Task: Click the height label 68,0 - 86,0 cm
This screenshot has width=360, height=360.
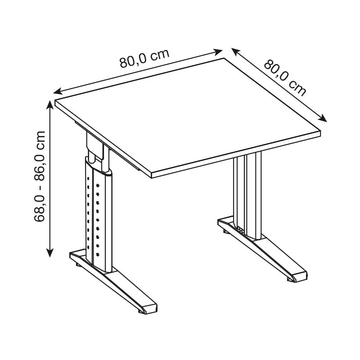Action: pyautogui.click(x=39, y=176)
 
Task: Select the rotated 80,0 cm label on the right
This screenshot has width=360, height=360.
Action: pyautogui.click(x=285, y=77)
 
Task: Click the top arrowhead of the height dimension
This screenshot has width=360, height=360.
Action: pyautogui.click(x=50, y=105)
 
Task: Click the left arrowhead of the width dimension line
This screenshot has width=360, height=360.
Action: pyautogui.click(x=58, y=91)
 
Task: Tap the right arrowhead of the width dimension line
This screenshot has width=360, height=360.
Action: pyautogui.click(x=218, y=52)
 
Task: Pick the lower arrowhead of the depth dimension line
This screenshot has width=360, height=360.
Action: pyautogui.click(x=322, y=118)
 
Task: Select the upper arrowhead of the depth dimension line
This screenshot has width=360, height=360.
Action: pyautogui.click(x=236, y=51)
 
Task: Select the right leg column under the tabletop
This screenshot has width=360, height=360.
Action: pyautogui.click(x=247, y=195)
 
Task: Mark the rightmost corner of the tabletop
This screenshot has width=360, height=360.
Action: pyautogui.click(x=320, y=131)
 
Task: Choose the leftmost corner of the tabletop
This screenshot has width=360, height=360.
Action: pyautogui.click(x=55, y=100)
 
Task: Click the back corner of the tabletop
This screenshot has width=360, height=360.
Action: pyautogui.click(x=224, y=58)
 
